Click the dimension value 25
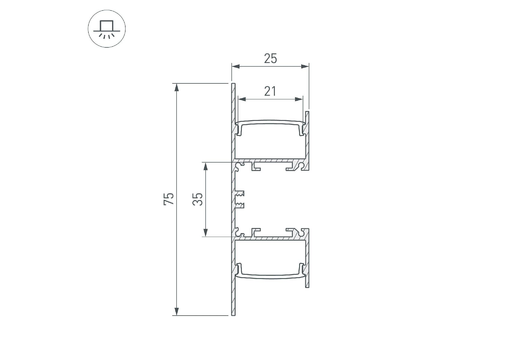click(x=270, y=58)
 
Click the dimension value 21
click(x=270, y=91)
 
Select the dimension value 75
click(x=169, y=199)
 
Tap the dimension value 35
click(x=198, y=199)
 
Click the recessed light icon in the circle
click(x=107, y=29)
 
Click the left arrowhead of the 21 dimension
click(x=242, y=99)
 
